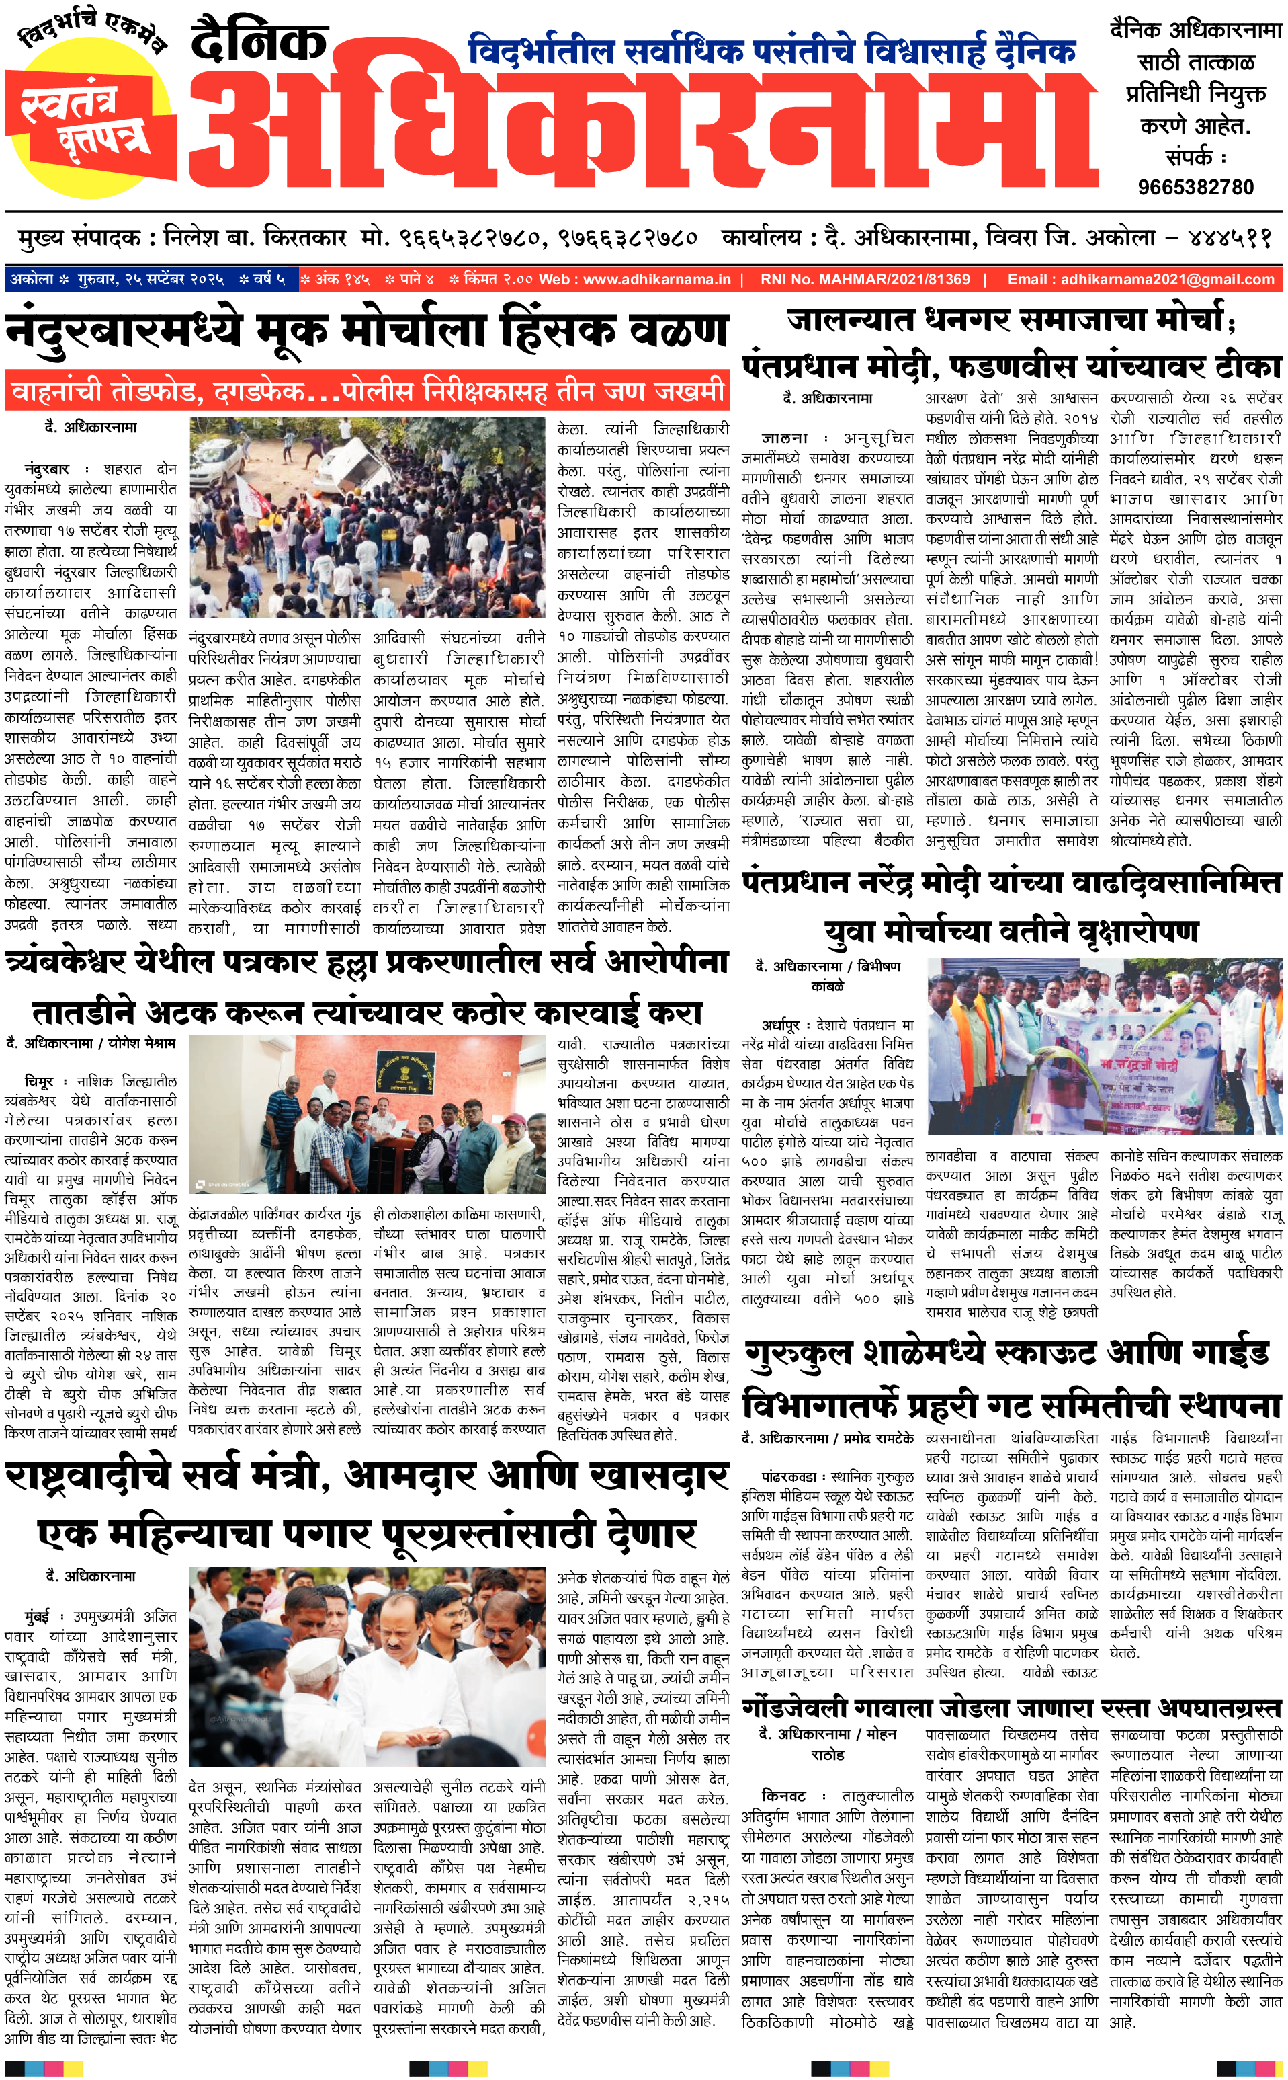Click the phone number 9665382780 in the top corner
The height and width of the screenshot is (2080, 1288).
pos(1195,188)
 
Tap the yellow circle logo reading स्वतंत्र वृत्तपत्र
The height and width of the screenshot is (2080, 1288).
pos(89,115)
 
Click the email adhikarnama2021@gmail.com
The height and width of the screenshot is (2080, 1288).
pos(1141,280)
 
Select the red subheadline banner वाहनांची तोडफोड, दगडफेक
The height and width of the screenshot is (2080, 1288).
pos(367,392)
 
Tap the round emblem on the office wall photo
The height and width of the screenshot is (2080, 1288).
pos(396,1076)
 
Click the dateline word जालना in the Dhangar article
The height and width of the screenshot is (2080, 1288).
pos(783,438)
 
